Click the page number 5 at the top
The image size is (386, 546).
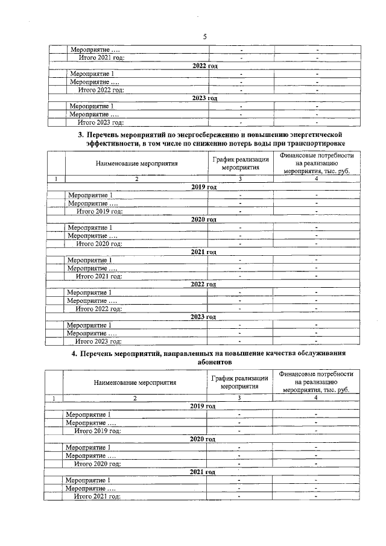point(205,36)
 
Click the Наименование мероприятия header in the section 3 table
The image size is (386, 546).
point(137,163)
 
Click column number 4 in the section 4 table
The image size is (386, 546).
point(315,398)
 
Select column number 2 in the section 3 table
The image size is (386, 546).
point(136,179)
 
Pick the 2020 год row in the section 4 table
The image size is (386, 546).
point(203,439)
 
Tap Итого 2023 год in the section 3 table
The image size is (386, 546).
point(99,341)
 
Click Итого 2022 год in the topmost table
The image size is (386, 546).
point(101,90)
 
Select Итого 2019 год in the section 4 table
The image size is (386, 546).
point(98,431)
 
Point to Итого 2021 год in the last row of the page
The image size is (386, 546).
point(98,496)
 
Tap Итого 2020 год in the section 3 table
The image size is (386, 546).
point(99,244)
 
